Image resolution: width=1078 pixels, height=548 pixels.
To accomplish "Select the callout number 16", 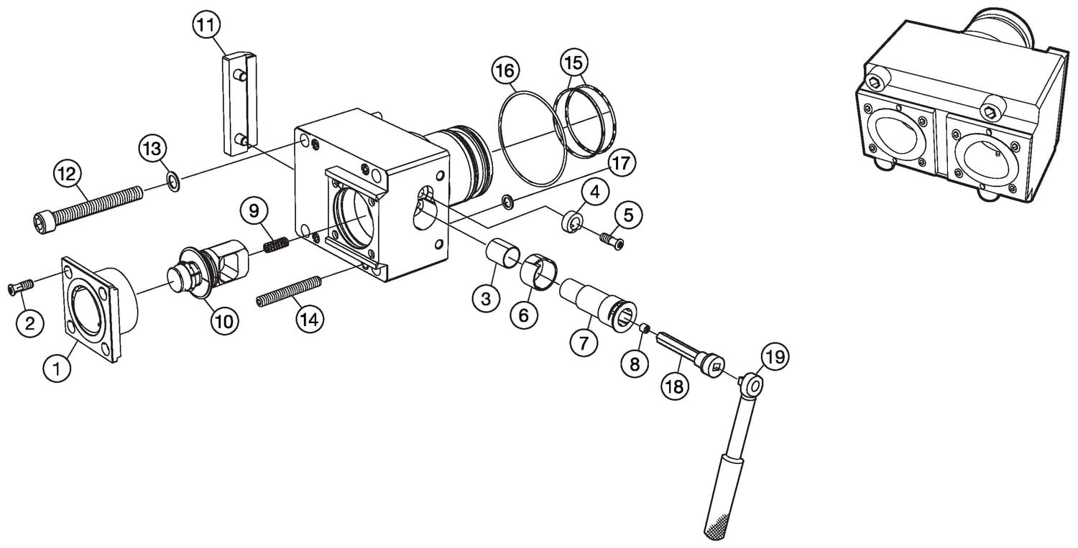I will [505, 71].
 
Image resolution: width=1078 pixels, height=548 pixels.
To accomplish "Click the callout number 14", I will [308, 320].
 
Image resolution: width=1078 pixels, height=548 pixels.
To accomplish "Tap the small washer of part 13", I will [172, 180].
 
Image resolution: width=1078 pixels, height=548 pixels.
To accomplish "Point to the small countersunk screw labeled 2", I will [21, 287].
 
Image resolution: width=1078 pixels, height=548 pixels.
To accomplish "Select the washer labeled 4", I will [572, 222].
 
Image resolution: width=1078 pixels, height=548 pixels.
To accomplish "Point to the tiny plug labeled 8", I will [645, 328].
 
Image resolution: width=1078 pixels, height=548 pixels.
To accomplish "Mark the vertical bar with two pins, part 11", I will [235, 105].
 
